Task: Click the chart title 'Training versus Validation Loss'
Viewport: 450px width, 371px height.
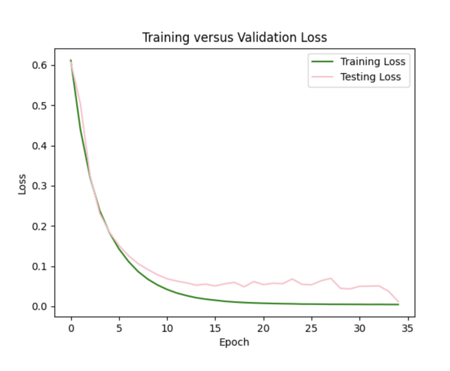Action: pos(234,38)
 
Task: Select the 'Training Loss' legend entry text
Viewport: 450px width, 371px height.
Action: pos(373,62)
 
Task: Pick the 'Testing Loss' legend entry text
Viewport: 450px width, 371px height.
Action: pos(370,77)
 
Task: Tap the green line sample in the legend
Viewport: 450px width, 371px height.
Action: pos(322,62)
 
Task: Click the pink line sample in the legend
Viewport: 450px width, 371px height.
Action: pos(322,77)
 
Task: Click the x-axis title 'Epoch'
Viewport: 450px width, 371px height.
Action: pos(234,342)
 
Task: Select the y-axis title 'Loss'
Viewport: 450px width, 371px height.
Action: pos(22,184)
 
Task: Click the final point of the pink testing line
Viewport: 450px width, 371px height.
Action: pos(398,302)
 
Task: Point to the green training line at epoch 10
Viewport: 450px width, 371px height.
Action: pos(167,289)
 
